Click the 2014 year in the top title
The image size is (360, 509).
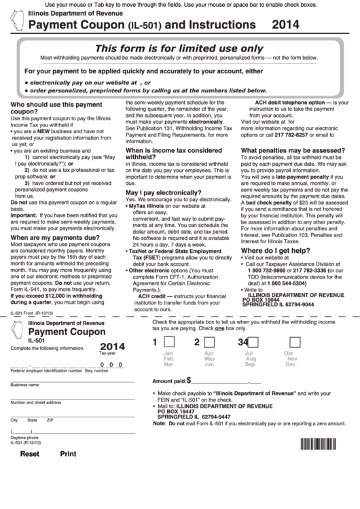(285, 25)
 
